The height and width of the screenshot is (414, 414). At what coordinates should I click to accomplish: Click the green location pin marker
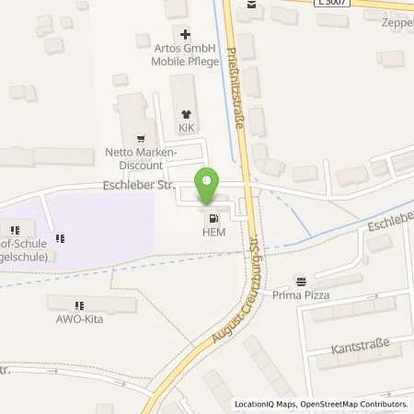208,186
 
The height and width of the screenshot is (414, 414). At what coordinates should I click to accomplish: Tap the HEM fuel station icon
213,219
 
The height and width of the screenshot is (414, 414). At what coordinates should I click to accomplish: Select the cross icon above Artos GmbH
185,33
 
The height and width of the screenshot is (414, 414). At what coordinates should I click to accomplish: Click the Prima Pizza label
300,295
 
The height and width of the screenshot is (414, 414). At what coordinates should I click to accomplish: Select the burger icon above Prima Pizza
300,280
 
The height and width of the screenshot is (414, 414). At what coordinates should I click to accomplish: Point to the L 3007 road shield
332,5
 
